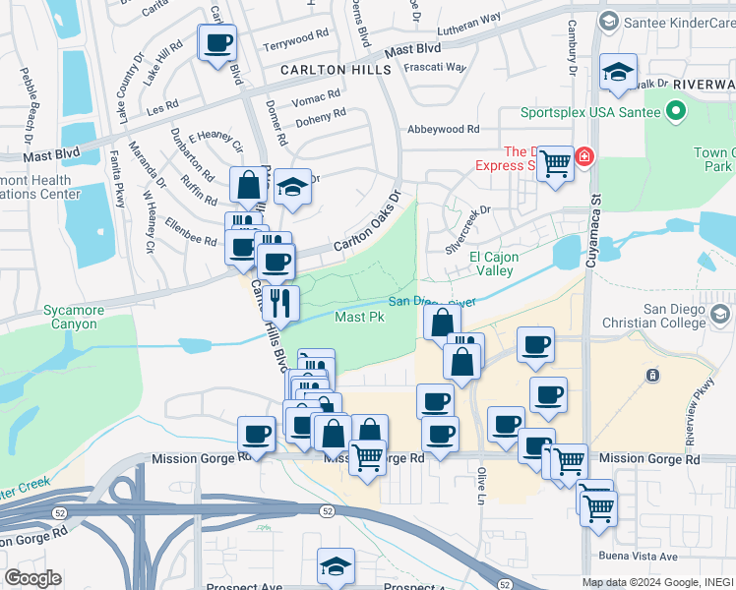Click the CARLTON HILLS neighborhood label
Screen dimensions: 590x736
pos(336,70)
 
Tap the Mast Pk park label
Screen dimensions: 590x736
pos(359,317)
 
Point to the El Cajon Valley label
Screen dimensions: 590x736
pos(491,264)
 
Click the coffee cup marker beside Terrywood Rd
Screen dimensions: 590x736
pos(217,43)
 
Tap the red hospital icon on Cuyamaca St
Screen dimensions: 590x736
pos(584,156)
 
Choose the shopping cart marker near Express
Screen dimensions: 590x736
pos(555,163)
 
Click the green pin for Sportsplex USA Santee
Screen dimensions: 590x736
pos(675,111)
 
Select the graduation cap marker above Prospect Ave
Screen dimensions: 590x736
pos(336,567)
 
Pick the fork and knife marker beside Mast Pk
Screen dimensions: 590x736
pos(281,303)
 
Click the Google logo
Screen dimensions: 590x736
pos(31,578)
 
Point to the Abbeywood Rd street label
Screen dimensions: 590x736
pos(444,129)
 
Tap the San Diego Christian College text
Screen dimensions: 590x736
pos(675,317)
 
